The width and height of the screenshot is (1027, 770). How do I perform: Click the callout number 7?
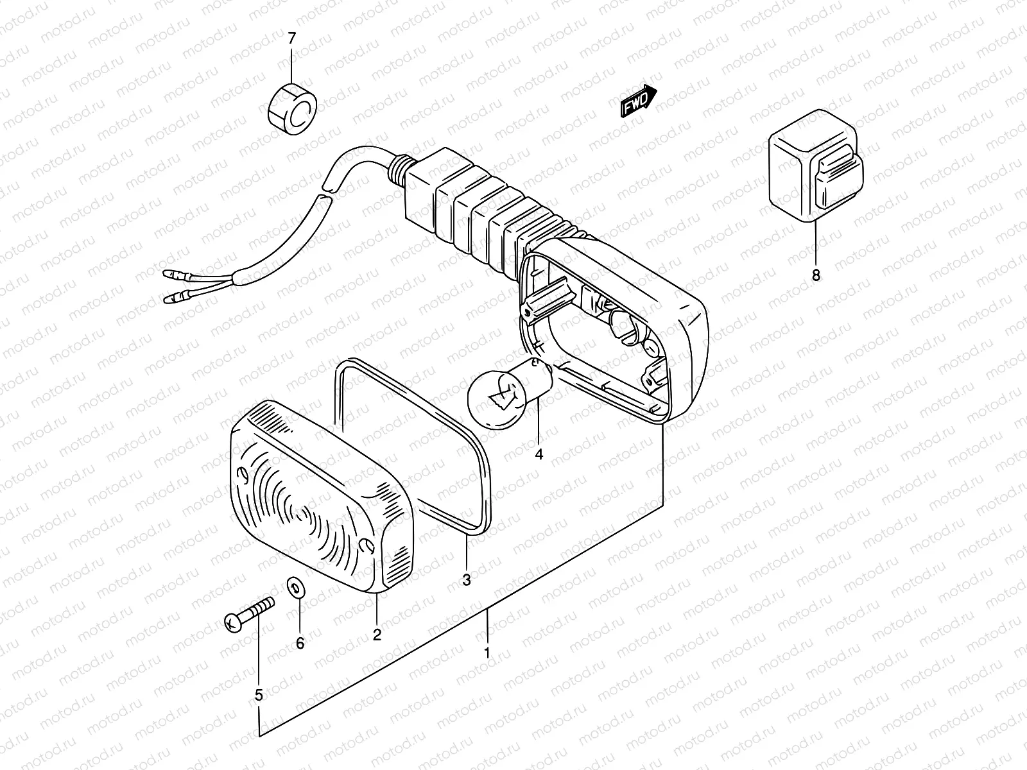coord(292,38)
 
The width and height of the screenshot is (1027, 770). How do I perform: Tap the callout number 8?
coord(816,276)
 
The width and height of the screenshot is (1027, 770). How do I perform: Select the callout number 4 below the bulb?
coord(539,454)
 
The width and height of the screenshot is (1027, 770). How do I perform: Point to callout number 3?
coord(467,580)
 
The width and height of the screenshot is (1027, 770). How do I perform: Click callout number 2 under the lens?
coord(377,635)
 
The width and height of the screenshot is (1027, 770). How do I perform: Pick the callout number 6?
coord(300,644)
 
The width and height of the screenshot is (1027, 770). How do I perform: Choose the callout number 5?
coord(259,694)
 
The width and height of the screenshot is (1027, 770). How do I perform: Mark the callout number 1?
coord(487,653)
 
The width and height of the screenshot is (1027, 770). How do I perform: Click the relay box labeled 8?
coord(816,167)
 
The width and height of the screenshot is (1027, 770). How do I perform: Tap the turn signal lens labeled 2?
coord(315,494)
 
